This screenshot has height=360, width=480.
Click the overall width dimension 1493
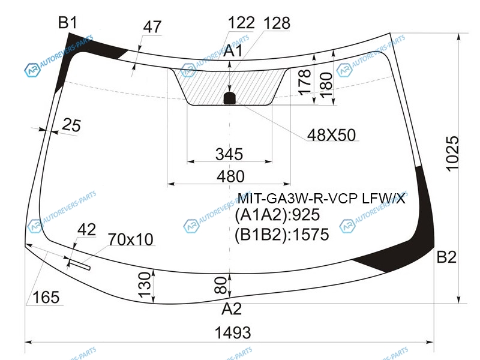tap(233, 333)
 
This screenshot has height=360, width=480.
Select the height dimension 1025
tap(452, 154)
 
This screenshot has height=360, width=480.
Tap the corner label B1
tap(68, 23)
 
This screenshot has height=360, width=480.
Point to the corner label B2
tap(446, 257)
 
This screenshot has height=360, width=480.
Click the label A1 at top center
tap(233, 50)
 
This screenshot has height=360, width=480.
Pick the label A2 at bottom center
tap(231, 309)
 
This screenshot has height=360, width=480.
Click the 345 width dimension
tap(229, 154)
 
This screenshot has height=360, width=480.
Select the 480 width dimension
tap(230, 176)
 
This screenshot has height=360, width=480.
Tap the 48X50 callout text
tap(331, 135)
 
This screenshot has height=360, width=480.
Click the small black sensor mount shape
tap(230, 98)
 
